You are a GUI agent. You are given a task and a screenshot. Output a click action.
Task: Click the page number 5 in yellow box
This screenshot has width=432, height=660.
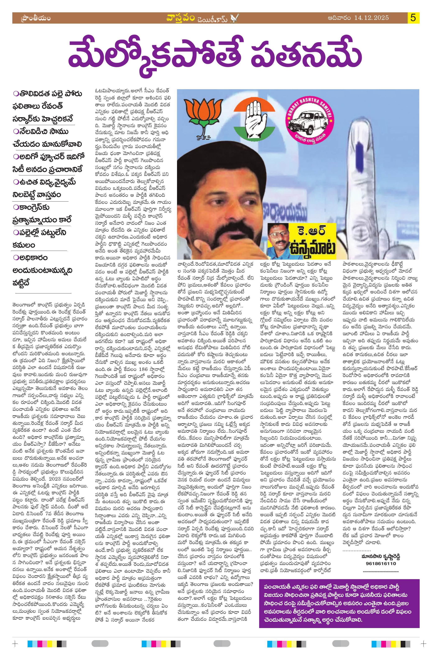point(413,18)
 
